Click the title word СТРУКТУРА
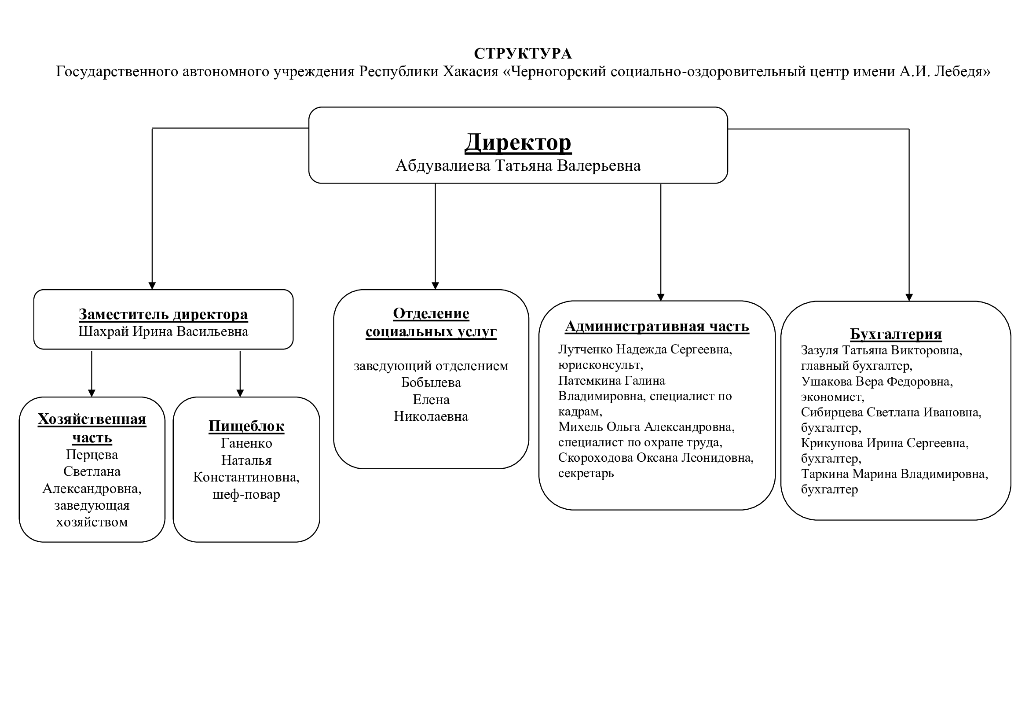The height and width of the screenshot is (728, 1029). point(523,54)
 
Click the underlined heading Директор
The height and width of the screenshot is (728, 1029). point(518,143)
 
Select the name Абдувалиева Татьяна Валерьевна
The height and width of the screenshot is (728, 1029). point(518,166)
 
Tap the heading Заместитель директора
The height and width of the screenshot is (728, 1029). point(163,314)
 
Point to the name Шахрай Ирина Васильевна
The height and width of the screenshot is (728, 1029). point(163,332)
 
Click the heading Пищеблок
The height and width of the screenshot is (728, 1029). point(246,426)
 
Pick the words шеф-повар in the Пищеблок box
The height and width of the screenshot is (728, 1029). point(246,494)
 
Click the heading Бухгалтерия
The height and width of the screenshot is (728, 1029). point(895,334)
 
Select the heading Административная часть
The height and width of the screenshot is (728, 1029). point(657,326)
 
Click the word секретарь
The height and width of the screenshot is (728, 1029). point(586,474)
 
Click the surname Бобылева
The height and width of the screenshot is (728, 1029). point(431,383)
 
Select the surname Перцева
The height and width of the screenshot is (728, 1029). point(92,455)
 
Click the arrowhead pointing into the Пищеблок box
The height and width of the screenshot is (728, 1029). point(240,393)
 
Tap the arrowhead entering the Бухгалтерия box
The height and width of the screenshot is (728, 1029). point(909,297)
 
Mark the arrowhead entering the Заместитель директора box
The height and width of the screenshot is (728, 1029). point(152,286)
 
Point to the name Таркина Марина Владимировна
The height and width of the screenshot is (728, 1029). point(894,474)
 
